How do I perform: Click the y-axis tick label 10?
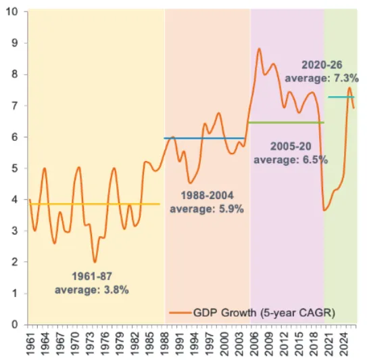[x=12, y=12]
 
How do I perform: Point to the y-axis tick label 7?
[x=15, y=106]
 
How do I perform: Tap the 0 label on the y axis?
[x=15, y=325]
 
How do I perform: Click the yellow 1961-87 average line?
[x=95, y=204]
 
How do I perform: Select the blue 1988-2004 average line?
[x=204, y=138]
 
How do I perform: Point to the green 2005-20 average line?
[x=287, y=122]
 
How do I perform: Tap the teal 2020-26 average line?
[x=341, y=97]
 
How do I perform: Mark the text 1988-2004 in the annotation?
[x=207, y=196]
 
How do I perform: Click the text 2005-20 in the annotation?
[x=291, y=146]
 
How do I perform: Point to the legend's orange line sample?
[x=180, y=313]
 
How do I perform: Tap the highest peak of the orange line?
[x=259, y=49]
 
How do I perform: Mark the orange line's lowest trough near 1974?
[x=95, y=262]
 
